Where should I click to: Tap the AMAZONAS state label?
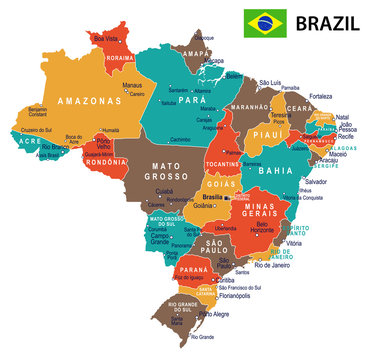coord(62,101)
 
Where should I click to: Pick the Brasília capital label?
coord(212,197)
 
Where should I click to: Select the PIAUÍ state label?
coord(263,136)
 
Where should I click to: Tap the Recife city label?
coord(345,138)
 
